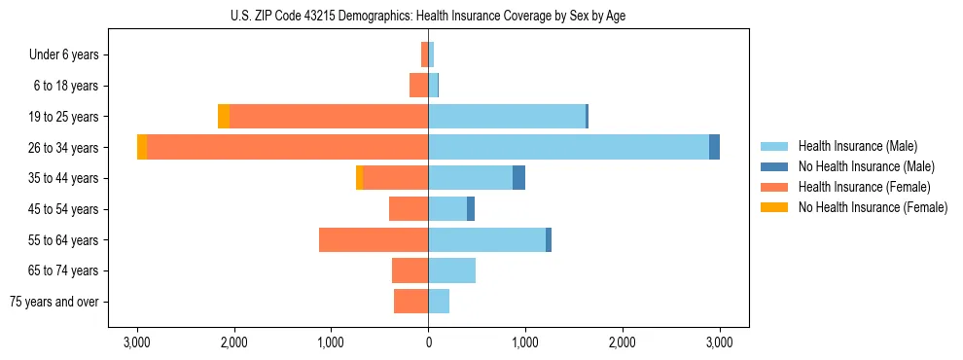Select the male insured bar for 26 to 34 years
(x=568, y=147)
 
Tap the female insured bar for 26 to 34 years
(x=287, y=147)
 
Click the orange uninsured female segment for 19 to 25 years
(x=224, y=117)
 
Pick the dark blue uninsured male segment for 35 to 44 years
(x=518, y=178)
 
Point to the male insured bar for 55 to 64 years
(x=486, y=239)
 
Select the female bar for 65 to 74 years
(x=410, y=270)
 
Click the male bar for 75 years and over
(x=439, y=302)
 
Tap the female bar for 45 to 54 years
(x=409, y=209)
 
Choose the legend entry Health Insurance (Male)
(x=857, y=146)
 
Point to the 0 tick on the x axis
(x=428, y=342)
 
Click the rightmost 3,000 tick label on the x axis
(x=719, y=342)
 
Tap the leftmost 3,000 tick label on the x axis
(x=137, y=342)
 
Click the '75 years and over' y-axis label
(x=54, y=302)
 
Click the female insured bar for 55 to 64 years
(x=374, y=239)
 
